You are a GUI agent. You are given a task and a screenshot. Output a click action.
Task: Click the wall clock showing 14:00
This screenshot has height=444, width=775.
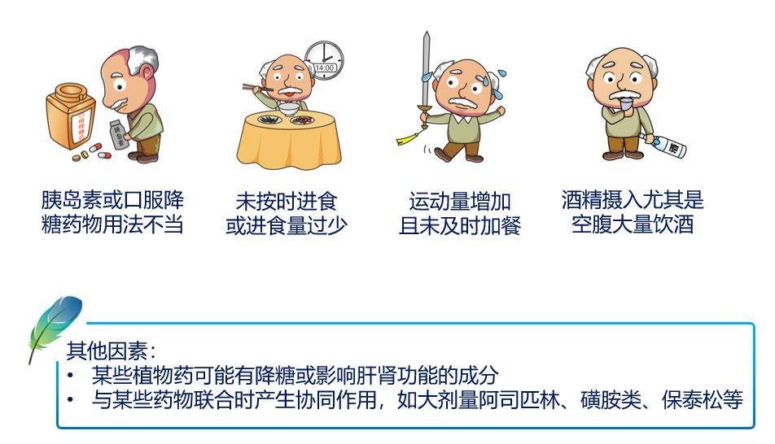(324, 61)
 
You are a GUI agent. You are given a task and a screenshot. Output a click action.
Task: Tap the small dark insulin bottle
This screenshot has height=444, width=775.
(120, 137)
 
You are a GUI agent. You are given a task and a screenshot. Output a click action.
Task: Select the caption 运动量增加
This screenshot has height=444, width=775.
(459, 202)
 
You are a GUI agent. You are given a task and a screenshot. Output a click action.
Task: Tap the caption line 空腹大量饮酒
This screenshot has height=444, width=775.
(632, 224)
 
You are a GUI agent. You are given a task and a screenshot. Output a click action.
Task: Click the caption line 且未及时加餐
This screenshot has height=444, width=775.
(459, 225)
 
